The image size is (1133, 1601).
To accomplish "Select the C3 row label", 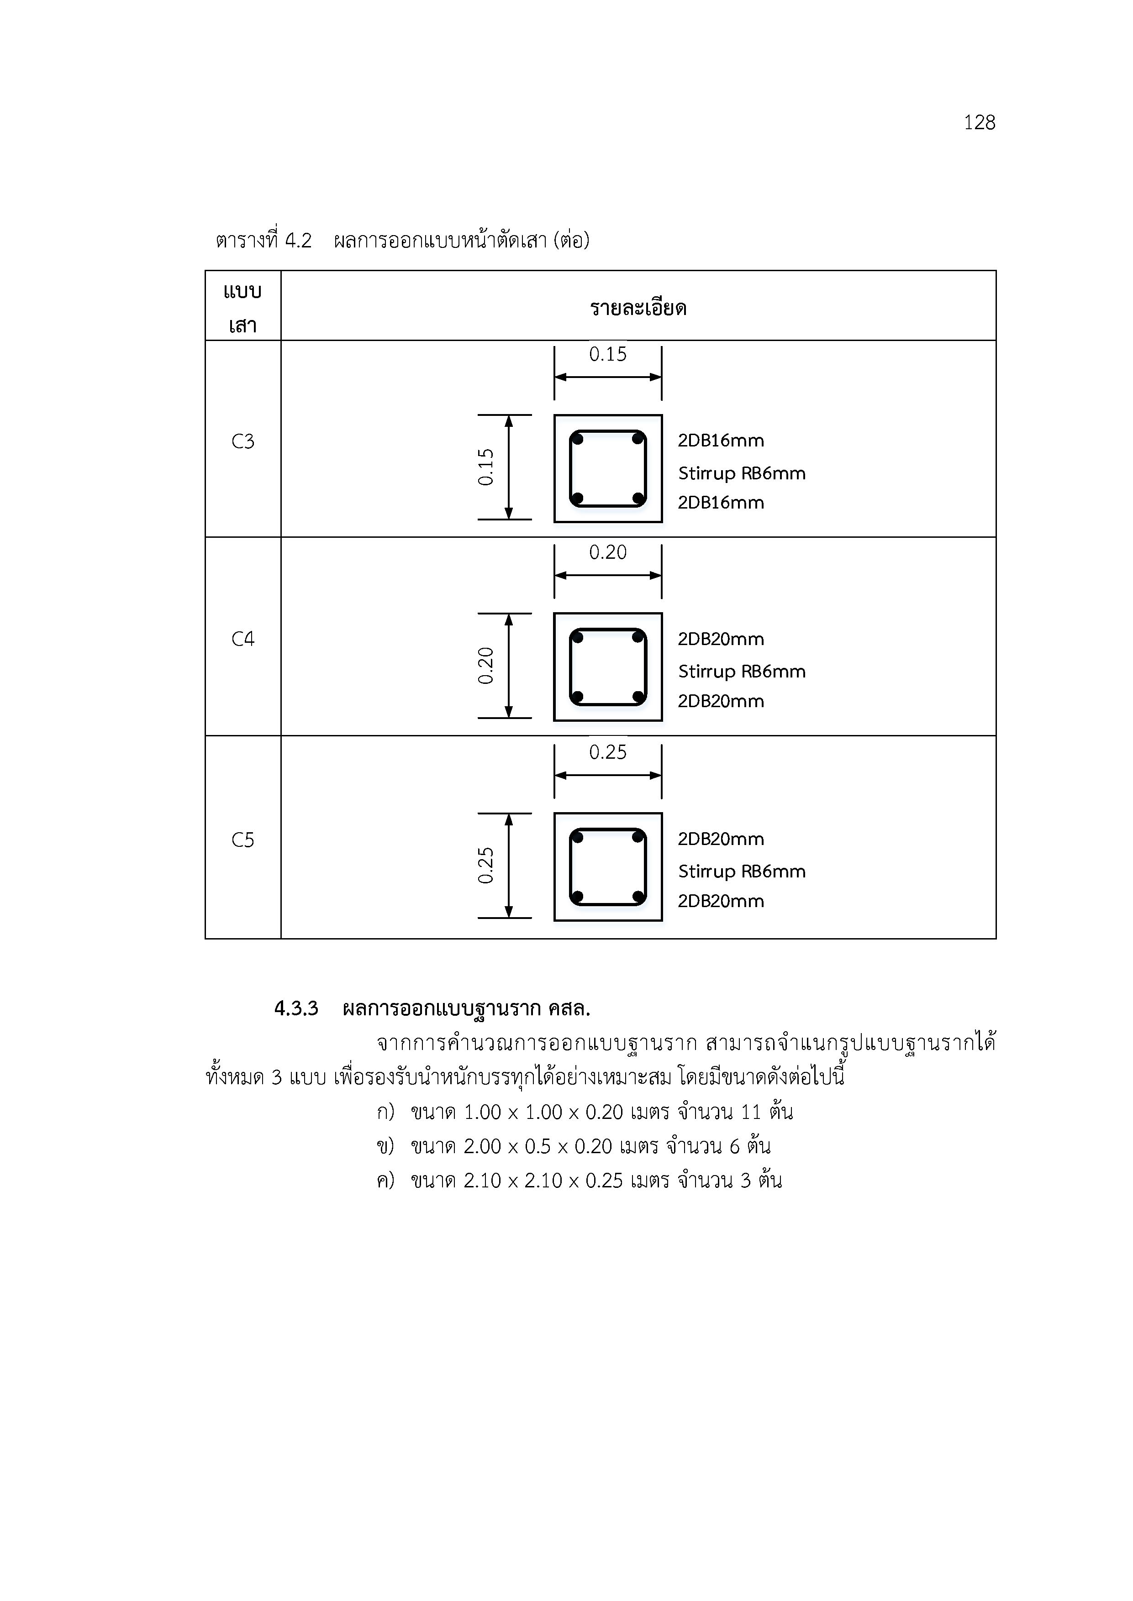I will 243,441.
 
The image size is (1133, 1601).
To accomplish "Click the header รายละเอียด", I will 638,308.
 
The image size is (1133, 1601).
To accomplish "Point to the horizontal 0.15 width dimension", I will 608,354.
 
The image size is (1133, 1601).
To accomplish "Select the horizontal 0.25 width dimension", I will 608,752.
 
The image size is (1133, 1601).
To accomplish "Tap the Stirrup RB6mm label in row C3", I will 742,473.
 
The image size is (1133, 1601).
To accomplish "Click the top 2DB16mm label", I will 721,441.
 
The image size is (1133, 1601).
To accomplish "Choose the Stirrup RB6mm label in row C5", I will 742,871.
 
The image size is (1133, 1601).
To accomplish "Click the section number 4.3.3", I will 296,1008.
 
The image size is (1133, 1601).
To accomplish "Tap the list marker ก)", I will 385,1112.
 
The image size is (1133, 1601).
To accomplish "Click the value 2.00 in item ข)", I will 483,1146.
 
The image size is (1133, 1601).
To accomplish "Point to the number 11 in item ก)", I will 751,1112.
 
